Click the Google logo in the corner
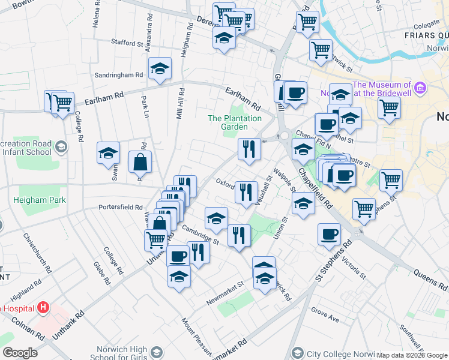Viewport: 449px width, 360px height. pos(20,353)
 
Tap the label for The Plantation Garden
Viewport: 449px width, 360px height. pos(235,122)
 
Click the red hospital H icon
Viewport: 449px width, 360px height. pos(43,308)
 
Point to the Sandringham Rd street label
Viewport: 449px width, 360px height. pos(119,75)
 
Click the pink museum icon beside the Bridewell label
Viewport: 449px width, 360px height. pos(420,89)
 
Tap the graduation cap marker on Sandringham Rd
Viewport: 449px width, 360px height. pos(160,69)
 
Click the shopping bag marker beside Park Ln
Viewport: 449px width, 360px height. pos(140,162)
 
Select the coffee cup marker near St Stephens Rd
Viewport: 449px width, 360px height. pos(328,235)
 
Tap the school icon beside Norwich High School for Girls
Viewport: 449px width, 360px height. pos(157,352)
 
